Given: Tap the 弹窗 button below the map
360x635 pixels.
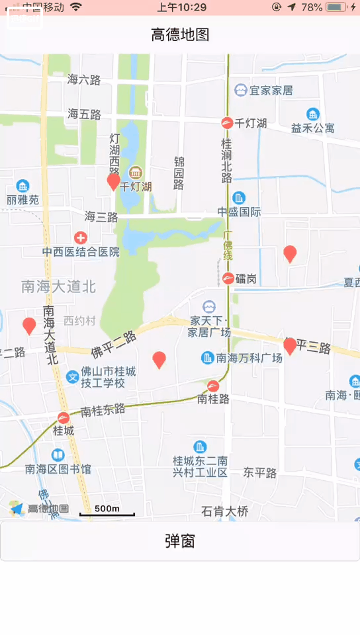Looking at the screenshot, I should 180,541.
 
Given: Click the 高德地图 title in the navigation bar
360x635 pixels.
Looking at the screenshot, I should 180,34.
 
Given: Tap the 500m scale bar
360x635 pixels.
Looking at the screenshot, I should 107,511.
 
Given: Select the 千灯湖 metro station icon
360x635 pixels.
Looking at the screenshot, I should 227,123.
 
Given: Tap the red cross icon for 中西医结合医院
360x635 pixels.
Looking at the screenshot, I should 81,237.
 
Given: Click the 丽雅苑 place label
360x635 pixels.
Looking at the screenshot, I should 23,199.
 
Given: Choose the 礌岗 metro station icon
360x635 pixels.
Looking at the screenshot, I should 228,278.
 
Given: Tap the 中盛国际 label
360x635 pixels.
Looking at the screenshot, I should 240,212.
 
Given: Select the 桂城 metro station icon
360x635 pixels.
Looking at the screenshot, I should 64,418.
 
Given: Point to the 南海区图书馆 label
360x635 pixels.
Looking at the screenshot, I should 58,469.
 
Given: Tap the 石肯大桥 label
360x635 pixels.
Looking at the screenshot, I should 224,511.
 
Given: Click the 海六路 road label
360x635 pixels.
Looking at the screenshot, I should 84,79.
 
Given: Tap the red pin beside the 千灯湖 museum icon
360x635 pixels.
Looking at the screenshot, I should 114,180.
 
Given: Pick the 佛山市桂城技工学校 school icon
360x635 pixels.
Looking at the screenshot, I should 72,377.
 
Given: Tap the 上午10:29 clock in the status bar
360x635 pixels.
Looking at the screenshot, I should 181,7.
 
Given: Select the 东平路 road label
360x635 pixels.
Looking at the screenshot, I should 259,473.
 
